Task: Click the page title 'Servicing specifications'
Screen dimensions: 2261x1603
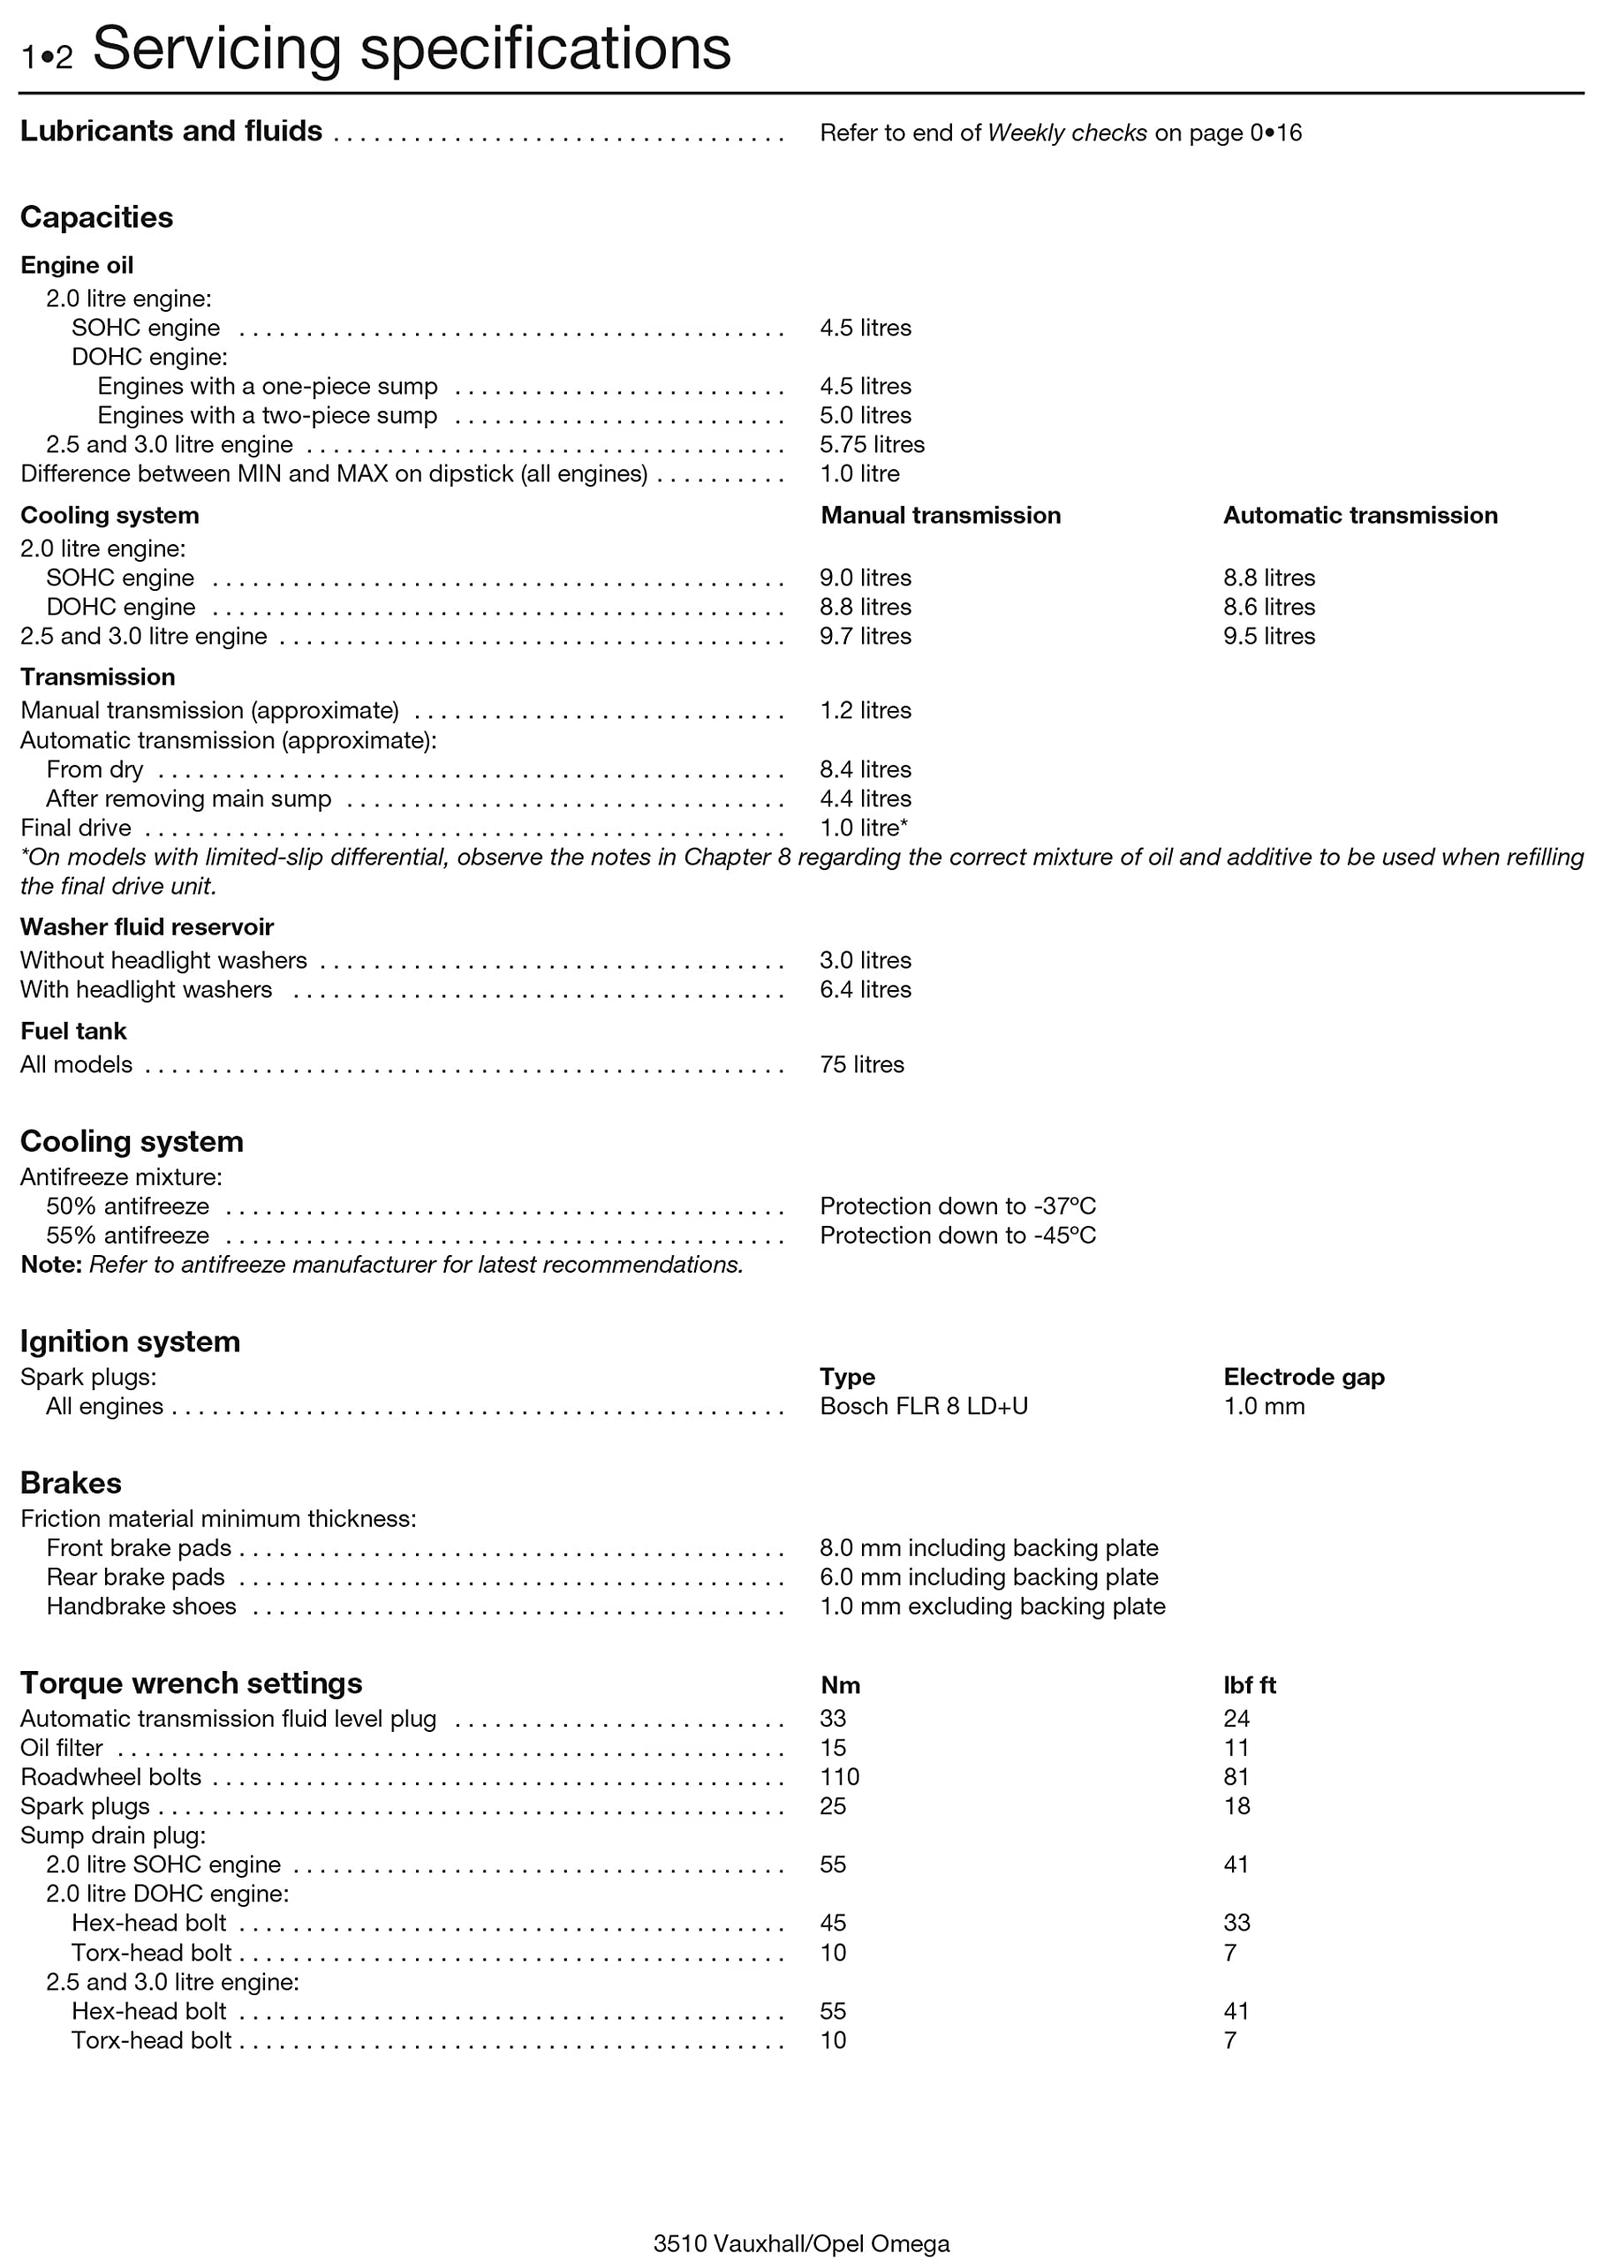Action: click(411, 49)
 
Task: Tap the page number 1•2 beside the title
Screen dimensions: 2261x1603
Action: click(47, 57)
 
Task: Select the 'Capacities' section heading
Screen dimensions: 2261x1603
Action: click(97, 217)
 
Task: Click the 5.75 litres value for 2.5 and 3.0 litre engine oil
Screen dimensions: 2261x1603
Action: click(872, 444)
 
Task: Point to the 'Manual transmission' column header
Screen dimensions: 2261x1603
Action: click(940, 515)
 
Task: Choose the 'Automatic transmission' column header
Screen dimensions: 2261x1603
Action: click(1359, 515)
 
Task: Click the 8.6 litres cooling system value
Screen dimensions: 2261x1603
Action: click(1268, 606)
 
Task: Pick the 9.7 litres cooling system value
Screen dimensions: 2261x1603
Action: click(865, 636)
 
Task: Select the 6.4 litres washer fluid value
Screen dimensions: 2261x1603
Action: click(865, 989)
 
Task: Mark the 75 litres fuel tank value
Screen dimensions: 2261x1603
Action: click(861, 1064)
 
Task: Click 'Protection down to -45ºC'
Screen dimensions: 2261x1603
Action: click(957, 1235)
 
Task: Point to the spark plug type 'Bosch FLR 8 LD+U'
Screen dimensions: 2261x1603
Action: click(923, 1405)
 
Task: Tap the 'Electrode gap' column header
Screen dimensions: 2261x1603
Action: click(1303, 1377)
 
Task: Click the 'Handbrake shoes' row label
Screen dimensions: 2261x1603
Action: click(141, 1606)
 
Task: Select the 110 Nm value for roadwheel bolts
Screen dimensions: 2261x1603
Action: click(839, 1776)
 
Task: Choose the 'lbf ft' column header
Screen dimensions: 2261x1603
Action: click(1249, 1686)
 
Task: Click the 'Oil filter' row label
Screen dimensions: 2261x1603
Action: click(61, 1748)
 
